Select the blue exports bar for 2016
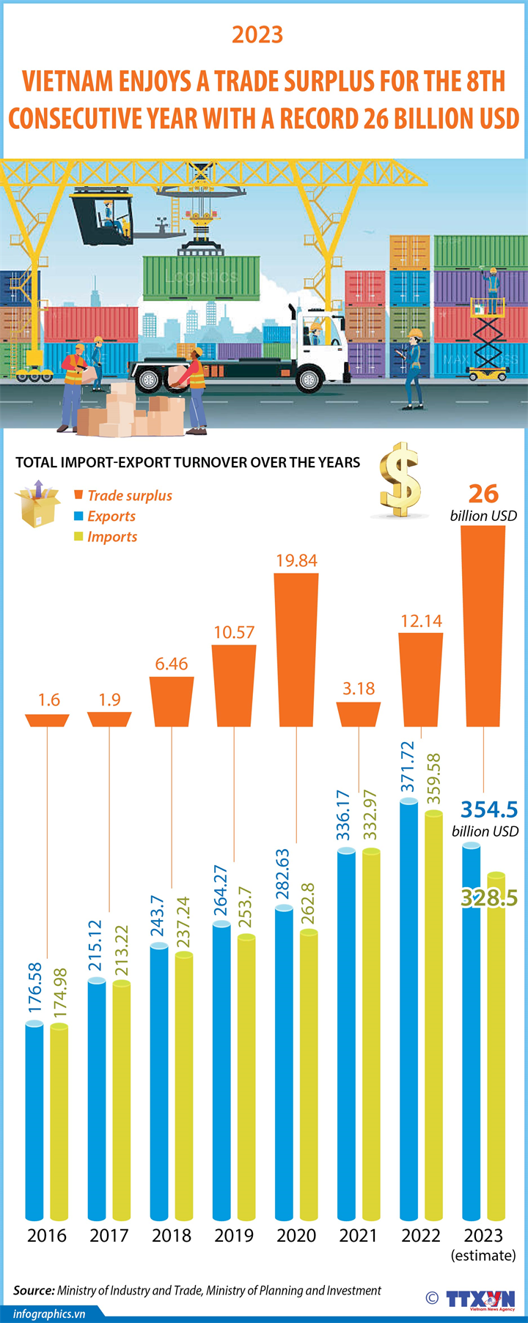(x=34, y=1121)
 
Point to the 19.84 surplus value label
(x=296, y=560)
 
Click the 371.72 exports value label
(x=408, y=767)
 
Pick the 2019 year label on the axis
(x=234, y=1235)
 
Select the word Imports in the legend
(x=112, y=536)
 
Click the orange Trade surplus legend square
(x=78, y=495)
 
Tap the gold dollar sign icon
(x=400, y=481)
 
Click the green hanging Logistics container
(x=201, y=277)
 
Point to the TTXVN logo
(x=480, y=1298)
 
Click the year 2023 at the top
(x=257, y=34)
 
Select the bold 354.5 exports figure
(x=488, y=809)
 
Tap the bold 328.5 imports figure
(x=488, y=897)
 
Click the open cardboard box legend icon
(x=37, y=505)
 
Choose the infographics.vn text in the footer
(x=49, y=1313)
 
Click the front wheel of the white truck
(x=309, y=379)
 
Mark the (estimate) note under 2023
(x=483, y=1255)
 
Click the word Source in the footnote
(x=33, y=1290)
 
